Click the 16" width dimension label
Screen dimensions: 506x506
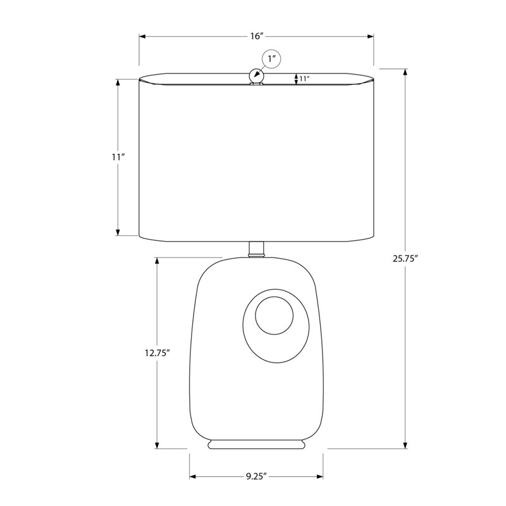257,36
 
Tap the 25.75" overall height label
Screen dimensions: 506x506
405,259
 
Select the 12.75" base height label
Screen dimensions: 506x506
157,353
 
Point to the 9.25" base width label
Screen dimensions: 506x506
256,476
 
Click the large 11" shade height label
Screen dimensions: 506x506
118,157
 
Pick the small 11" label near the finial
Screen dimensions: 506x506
304,78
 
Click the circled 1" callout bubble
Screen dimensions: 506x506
271,59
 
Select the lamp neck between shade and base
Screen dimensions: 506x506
257,249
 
